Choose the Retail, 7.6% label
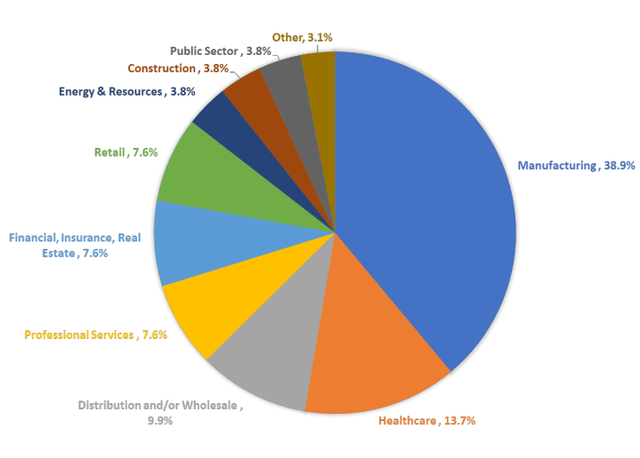(125, 152)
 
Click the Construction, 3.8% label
(177, 68)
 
